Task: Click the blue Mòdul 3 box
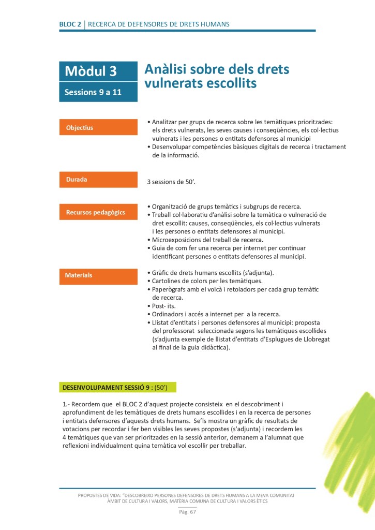coord(98,72)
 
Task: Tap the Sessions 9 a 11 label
coord(93,93)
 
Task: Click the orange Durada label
coord(77,180)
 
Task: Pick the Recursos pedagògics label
coord(95,212)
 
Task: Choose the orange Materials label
coord(79,275)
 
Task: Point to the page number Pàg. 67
coord(187,512)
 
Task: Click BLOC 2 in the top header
coord(70,24)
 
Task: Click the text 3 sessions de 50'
coord(172,182)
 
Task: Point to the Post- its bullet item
coord(164,306)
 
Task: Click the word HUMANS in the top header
coord(213,24)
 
